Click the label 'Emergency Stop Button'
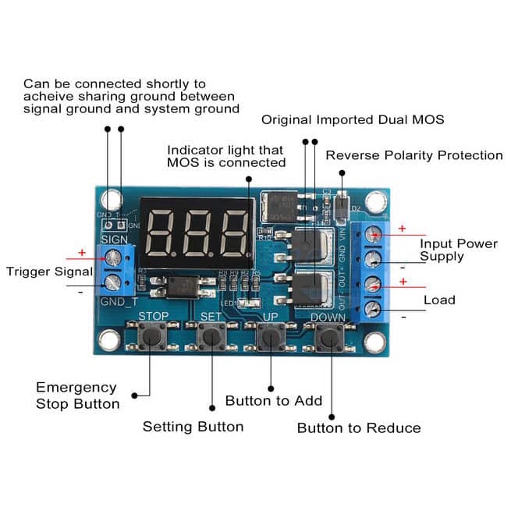(x=77, y=396)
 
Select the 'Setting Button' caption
(x=193, y=427)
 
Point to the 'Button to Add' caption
(x=273, y=400)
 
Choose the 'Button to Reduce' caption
(x=358, y=428)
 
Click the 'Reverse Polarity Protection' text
(x=413, y=155)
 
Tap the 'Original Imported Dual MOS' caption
(x=353, y=119)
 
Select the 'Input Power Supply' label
(x=459, y=250)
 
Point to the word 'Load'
(x=439, y=300)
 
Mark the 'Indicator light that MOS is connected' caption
(x=227, y=156)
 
